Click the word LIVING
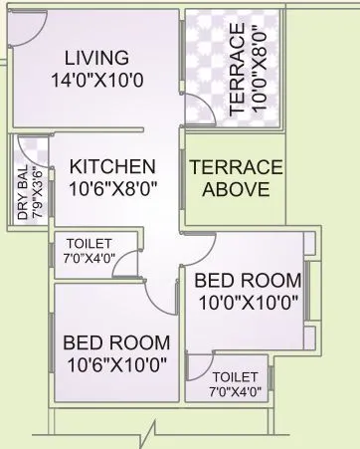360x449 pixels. tap(92, 57)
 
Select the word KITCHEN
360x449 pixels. tap(112, 166)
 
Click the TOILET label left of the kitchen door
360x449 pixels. tap(90, 243)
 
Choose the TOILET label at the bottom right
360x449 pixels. tap(236, 375)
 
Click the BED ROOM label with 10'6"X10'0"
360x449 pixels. tap(115, 342)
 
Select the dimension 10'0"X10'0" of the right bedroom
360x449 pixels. tap(246, 303)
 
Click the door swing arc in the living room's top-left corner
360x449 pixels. tap(28, 33)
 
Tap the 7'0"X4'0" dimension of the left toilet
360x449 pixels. tap(90, 258)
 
